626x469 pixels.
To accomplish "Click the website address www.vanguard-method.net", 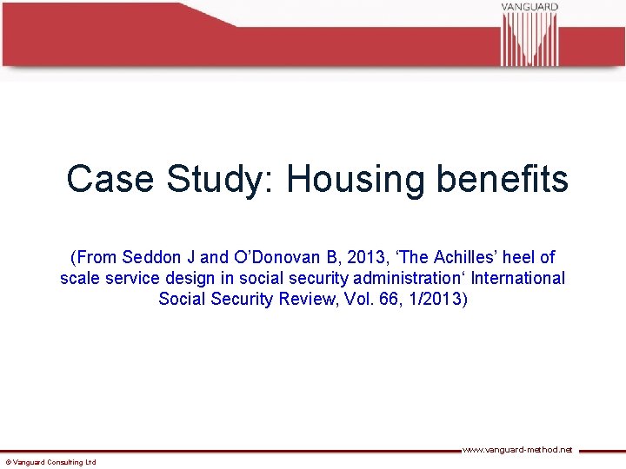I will pyautogui.click(x=516, y=450).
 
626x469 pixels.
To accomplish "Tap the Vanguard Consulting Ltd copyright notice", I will pyautogui.click(x=50, y=462).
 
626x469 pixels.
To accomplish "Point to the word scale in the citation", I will pyautogui.click(x=80, y=279).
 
